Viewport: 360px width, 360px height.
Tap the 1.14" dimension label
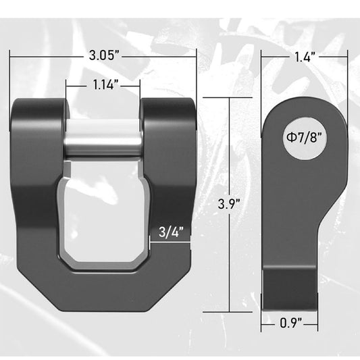pos(103,85)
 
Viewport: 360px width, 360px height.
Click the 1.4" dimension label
pos(305,57)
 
